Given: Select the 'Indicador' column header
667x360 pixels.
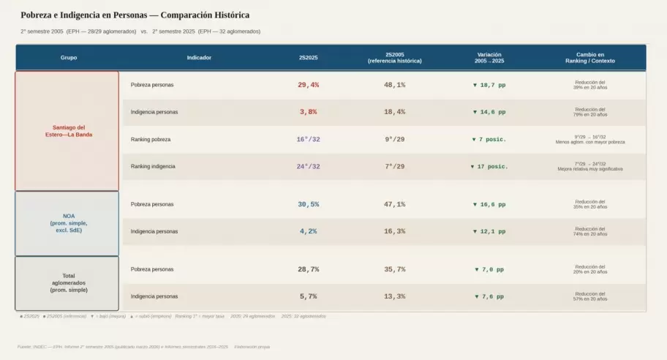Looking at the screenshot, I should (200, 57).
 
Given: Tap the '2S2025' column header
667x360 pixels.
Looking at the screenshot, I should (309, 57).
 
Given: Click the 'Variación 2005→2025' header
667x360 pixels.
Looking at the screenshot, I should (489, 57).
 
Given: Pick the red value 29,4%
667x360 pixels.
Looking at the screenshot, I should (309, 85).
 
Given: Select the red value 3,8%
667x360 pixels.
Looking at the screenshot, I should (309, 112).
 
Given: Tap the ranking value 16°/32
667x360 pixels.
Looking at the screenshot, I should (309, 139).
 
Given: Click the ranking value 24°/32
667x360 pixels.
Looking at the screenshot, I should (309, 166).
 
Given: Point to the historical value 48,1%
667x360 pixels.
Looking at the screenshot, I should (395, 85).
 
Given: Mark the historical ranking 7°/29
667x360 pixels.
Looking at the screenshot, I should (395, 166).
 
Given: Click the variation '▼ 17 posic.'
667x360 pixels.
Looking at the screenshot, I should (489, 166).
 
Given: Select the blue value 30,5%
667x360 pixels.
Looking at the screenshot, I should (309, 204).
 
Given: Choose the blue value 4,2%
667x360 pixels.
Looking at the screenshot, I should (309, 231).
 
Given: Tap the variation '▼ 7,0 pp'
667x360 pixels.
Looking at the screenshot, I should (489, 269).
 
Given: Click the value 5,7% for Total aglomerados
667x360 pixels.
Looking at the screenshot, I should (309, 296).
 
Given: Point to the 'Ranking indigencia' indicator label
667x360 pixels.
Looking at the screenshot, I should (153, 166).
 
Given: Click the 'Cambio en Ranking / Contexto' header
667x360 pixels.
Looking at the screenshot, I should (590, 57).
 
